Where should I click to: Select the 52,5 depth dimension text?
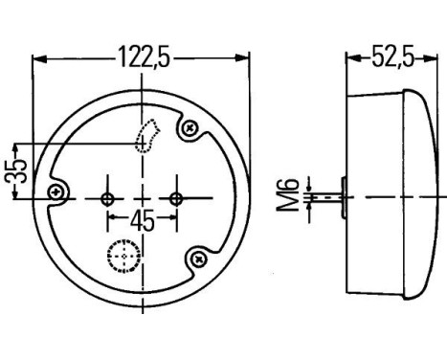pyautogui.click(x=391, y=57)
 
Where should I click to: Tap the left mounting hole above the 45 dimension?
pyautogui.click(x=106, y=198)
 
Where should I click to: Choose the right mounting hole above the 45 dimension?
pyautogui.click(x=175, y=198)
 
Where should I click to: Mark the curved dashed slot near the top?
pyautogui.click(x=145, y=137)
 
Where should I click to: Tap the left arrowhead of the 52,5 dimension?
pyautogui.click(x=350, y=57)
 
